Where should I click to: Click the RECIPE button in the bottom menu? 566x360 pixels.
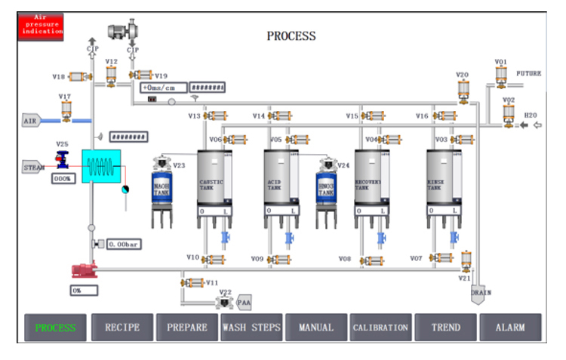[x=122, y=328]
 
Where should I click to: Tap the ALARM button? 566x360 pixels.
[x=510, y=328]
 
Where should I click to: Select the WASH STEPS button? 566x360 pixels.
[x=251, y=328]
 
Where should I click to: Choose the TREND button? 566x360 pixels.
[x=445, y=328]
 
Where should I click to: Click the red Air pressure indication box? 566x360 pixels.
[x=40, y=27]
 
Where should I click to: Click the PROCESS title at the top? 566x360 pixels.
[x=291, y=36]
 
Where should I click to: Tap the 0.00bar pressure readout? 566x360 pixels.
[x=125, y=245]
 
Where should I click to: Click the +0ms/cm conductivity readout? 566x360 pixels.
[x=163, y=88]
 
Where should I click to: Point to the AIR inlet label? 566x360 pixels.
[x=31, y=120]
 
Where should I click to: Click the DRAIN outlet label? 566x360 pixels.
[x=481, y=293]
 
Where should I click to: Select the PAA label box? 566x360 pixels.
[x=245, y=303]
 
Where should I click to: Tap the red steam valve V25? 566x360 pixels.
[x=62, y=159]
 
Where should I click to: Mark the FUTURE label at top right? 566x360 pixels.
[x=529, y=74]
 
